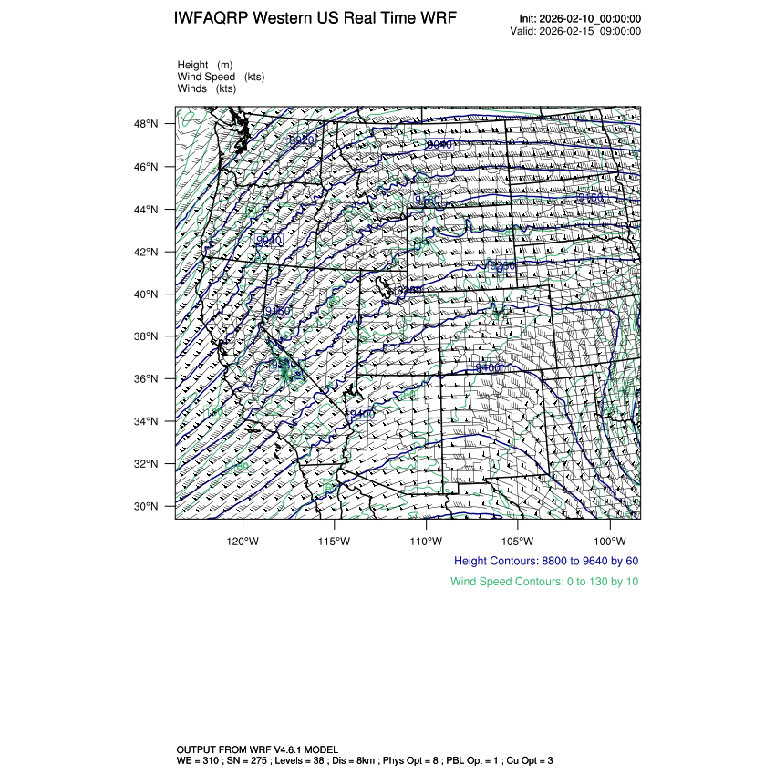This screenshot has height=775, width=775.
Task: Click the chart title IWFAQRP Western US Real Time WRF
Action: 315,19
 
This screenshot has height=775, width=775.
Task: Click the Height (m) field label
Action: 205,65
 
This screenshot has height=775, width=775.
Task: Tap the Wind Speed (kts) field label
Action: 221,77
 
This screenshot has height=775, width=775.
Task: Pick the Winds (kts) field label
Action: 207,88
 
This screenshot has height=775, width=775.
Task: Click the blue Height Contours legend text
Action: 545,561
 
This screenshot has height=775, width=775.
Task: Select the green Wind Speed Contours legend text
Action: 544,581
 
